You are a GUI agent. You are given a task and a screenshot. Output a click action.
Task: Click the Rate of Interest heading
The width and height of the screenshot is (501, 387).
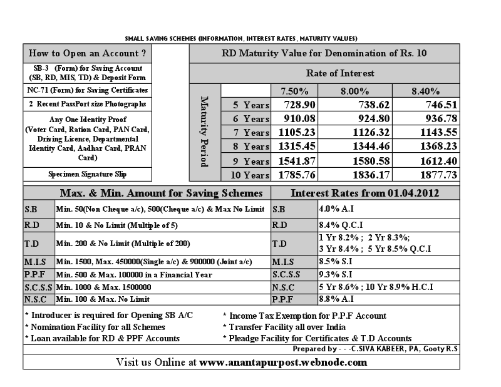340,73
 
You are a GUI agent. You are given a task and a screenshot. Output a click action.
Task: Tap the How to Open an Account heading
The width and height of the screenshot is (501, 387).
88,53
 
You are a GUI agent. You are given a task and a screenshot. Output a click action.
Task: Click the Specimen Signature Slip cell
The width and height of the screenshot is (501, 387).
88,174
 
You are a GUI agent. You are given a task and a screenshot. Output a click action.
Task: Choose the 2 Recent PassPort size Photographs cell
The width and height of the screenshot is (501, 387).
88,103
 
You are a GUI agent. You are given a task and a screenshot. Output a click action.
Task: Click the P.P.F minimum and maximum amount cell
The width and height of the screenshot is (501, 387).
133,274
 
